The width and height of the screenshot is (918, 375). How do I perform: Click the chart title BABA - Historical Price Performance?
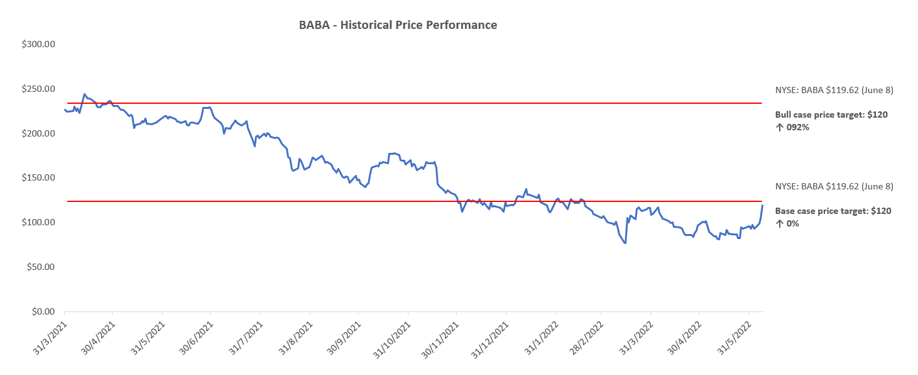click(x=398, y=25)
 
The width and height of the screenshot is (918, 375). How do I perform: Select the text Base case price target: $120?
click(x=833, y=211)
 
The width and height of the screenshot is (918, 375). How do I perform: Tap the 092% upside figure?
click(x=797, y=127)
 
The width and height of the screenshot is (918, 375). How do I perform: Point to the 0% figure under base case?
click(x=792, y=223)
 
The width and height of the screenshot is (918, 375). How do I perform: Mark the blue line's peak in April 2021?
click(x=84, y=94)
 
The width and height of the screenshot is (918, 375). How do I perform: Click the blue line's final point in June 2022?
click(x=763, y=205)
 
